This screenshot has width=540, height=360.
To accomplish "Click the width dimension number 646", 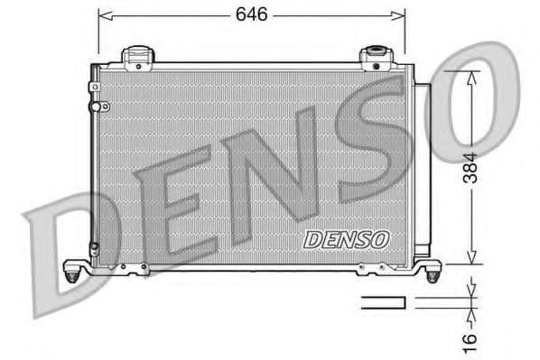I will click(251, 15).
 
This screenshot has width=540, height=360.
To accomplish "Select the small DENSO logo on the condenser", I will click(347, 239).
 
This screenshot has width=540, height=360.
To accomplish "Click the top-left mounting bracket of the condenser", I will click(137, 57).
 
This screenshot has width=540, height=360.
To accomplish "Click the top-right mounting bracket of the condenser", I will click(374, 58).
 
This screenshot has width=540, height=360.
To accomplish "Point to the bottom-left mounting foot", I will click(76, 268).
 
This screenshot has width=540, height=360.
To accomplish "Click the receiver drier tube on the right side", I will click(422, 171).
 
